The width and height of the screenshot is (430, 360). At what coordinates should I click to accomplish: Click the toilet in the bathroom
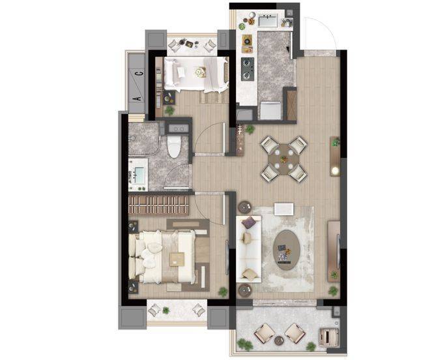174,146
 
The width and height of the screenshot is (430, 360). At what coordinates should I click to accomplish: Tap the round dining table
283,159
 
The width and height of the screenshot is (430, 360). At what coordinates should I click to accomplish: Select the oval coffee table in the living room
287,250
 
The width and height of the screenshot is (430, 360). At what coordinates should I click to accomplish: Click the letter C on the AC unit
139,74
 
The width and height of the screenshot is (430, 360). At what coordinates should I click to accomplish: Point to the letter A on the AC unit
139,98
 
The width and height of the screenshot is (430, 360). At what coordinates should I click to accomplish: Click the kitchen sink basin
267,20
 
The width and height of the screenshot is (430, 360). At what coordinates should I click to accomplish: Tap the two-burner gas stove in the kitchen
248,69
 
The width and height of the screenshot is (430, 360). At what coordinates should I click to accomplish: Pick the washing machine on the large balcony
328,336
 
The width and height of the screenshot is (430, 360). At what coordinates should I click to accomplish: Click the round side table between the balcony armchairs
279,340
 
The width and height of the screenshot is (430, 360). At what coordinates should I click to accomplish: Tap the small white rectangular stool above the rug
284,209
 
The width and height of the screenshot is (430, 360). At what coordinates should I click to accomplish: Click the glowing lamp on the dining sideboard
335,170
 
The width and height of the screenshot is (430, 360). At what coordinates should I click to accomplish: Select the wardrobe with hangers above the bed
159,205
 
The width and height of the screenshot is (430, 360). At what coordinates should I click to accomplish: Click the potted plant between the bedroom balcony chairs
165,310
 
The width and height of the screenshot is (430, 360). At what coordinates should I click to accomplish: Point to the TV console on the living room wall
334,250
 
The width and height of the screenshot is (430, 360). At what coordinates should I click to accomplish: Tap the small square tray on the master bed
177,259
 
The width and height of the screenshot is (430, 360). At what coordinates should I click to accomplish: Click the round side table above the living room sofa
244,207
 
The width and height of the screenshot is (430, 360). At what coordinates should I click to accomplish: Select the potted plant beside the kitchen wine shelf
250,129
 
